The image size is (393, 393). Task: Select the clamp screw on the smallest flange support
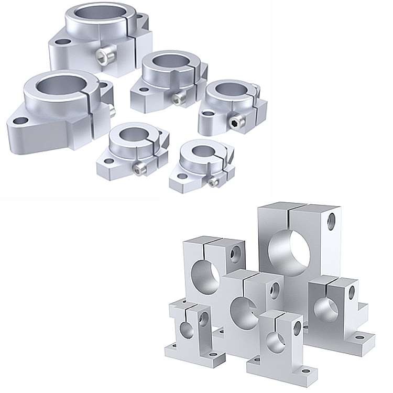tap(213, 182)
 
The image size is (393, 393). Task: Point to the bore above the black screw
tap(228, 90)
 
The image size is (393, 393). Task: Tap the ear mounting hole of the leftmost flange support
tap(20, 120)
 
